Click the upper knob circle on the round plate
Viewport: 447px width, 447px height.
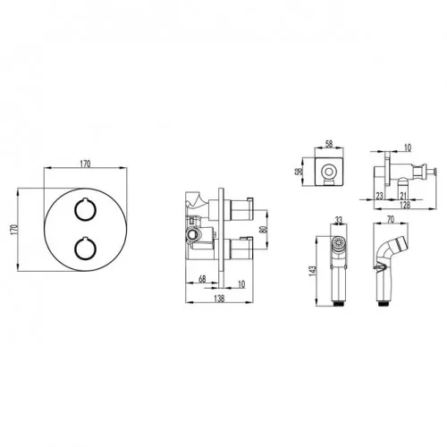[74, 209]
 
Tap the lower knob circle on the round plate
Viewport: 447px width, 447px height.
[74, 248]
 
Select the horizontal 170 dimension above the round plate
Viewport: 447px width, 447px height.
[85, 164]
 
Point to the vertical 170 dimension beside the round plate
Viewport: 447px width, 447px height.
[15, 230]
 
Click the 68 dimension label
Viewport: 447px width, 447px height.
[202, 279]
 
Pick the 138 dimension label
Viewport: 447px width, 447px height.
[219, 299]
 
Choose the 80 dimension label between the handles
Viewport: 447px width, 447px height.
[263, 229]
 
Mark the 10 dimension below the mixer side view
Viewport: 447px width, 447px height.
[241, 284]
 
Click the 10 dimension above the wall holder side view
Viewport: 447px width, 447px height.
[408, 148]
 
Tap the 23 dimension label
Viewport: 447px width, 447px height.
[379, 196]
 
